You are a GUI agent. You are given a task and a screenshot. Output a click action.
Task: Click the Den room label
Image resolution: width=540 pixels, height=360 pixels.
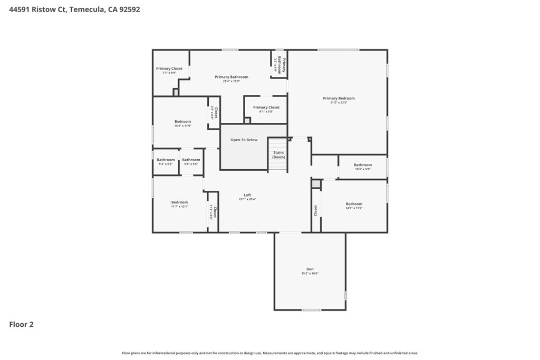pos(310,269)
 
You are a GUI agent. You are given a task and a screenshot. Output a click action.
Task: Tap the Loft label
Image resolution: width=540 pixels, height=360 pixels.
pos(247,195)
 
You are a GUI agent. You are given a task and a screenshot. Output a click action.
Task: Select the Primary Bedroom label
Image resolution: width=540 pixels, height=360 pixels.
pos(339,98)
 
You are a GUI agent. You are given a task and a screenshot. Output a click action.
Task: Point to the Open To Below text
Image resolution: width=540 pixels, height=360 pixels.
pos(244,140)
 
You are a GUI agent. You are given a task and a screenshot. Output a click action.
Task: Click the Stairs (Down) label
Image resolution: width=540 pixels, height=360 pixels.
pos(278,154)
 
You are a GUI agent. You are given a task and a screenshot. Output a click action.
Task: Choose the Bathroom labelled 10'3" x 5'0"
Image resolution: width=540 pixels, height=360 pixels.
pos(362,165)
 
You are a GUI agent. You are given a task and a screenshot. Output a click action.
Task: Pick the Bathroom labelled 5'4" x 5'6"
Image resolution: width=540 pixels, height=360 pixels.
pos(166,160)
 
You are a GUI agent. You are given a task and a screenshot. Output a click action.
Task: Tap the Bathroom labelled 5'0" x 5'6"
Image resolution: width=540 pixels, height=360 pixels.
pos(191,160)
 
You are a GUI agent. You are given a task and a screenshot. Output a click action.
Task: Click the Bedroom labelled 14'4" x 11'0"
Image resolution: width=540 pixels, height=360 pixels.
pos(182,121)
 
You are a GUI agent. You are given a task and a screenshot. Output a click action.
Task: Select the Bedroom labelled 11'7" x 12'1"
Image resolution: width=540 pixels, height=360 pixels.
pos(179,202)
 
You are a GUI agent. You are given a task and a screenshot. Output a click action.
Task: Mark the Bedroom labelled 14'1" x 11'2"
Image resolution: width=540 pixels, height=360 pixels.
pos(354,204)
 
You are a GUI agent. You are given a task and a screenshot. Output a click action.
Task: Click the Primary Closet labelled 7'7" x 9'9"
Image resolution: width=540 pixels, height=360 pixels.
pos(169,69)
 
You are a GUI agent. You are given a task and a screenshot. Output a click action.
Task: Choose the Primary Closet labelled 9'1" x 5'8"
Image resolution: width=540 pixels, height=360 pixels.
pos(266,108)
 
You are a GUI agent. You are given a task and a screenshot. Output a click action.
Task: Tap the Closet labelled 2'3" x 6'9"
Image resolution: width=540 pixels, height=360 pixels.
pos(214,112)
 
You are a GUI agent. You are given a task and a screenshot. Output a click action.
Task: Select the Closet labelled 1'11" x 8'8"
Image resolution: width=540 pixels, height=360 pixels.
pos(214,212)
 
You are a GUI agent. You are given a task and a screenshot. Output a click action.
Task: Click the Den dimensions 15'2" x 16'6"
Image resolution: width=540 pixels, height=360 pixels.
pos(310,274)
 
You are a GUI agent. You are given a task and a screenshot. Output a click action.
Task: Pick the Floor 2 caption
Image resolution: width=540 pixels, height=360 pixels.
pos(21,325)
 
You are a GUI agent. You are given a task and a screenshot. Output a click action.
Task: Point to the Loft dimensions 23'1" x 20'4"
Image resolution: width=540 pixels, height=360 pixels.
pos(247,199)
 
